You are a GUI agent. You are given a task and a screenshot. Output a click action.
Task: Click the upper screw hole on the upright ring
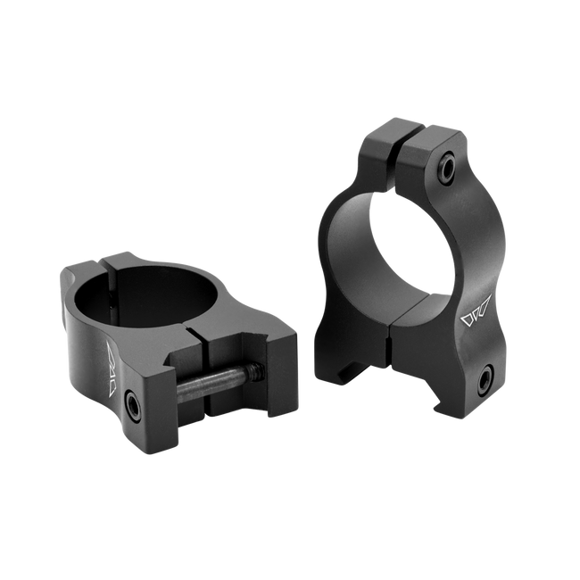pos(443,166)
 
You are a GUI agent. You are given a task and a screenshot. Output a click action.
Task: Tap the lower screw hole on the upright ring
pos(484,382)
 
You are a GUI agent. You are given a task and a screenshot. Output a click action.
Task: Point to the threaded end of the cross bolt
pos(255,368)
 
